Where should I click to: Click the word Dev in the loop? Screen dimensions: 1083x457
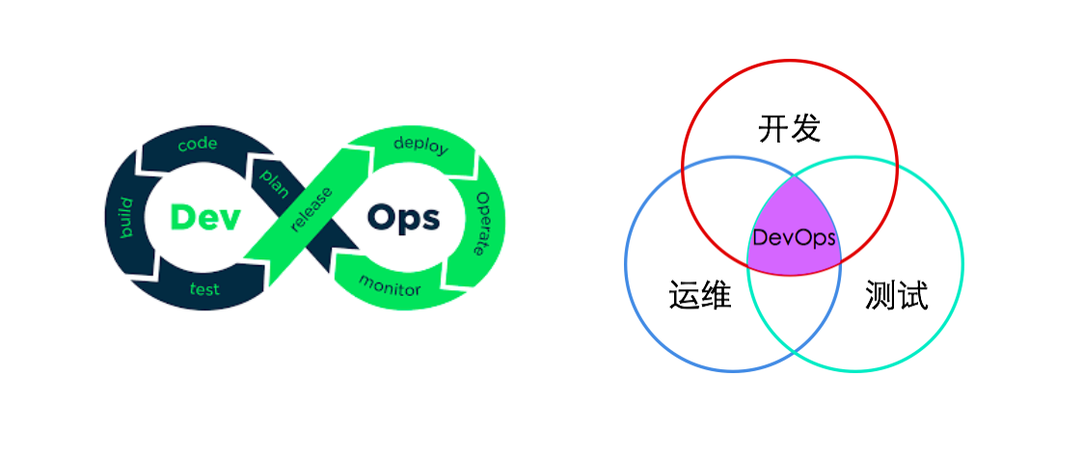[205, 218]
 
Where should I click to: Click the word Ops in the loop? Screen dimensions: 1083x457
[403, 219]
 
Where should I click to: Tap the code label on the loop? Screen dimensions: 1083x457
[198, 145]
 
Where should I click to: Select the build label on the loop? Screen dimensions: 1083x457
[125, 218]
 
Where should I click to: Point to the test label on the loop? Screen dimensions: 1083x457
[204, 288]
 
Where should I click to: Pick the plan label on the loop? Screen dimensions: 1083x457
[274, 183]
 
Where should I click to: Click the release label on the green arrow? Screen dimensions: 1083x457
[311, 209]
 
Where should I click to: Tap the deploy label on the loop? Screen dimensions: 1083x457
[420, 146]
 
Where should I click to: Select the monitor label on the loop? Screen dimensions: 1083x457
[389, 284]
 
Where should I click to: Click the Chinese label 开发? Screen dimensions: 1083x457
[790, 129]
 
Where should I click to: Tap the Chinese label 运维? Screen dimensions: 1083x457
[700, 295]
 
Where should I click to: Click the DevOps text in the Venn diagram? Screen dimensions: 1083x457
[794, 238]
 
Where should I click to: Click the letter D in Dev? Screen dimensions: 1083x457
[182, 218]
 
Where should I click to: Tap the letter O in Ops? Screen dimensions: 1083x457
[381, 218]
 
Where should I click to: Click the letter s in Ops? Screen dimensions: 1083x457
[430, 222]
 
